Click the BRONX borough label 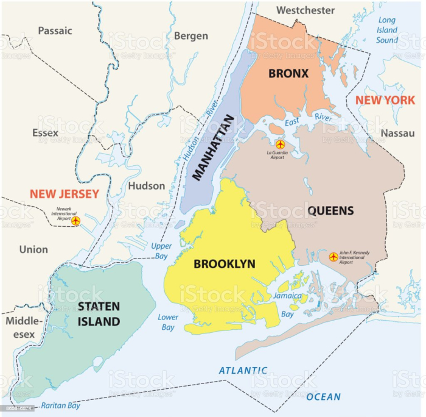[x=288, y=74]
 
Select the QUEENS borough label [x=330, y=211]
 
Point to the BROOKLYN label [x=224, y=264]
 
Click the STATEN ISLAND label [x=98, y=313]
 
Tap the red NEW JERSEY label [x=65, y=194]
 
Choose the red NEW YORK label [x=385, y=101]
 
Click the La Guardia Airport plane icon [x=280, y=144]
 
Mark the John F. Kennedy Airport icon [x=333, y=257]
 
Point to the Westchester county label [x=306, y=10]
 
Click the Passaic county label [x=55, y=30]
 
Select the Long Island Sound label [x=386, y=30]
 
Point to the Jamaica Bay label [x=287, y=305]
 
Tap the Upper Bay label [x=161, y=251]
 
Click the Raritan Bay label [x=60, y=405]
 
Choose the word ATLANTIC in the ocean [x=243, y=370]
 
